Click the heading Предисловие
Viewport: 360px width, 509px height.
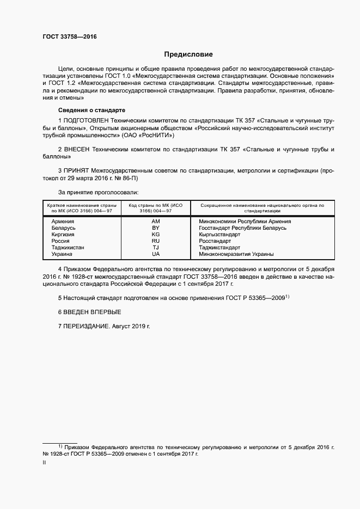pos(188,54)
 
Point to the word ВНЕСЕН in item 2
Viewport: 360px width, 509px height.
pos(77,149)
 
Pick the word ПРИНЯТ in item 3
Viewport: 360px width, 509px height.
pos(77,171)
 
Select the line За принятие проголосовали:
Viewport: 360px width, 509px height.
pos(98,192)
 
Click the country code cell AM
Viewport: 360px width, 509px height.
pos(156,222)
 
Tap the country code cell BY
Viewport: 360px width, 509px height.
pos(156,228)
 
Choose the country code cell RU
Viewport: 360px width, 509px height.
pos(156,241)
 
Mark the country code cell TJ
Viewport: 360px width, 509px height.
pos(156,248)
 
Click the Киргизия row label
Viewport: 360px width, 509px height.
pos(63,235)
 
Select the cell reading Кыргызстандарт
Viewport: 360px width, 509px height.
pos(219,235)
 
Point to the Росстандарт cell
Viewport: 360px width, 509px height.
pos(216,241)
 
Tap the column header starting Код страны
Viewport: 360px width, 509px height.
pos(156,208)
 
